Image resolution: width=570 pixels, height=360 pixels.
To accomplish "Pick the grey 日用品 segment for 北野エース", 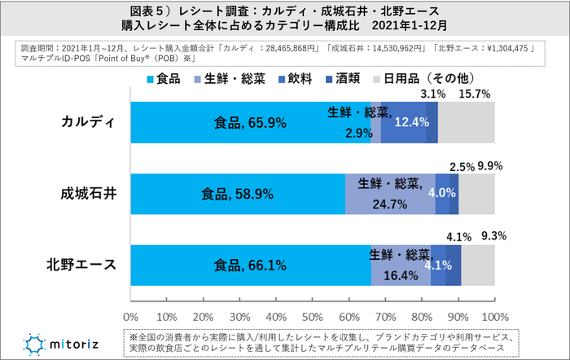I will [x=478, y=265].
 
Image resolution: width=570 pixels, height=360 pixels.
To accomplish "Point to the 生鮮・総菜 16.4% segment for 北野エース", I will [x=401, y=265].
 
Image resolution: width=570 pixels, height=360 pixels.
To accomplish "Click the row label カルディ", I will [x=89, y=122].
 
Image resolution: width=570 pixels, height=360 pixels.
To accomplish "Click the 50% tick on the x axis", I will [x=313, y=315].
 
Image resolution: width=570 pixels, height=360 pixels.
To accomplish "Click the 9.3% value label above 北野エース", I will [x=493, y=237].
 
